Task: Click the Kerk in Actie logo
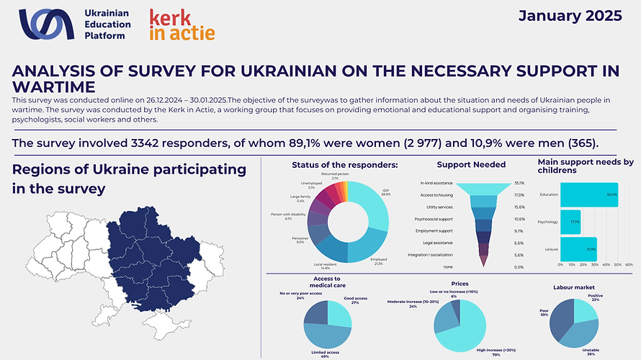tap(181, 24)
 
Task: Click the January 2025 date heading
tap(570, 17)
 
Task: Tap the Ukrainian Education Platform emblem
tap(46, 24)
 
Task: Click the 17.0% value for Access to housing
tap(519, 194)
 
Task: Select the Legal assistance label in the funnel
tap(437, 243)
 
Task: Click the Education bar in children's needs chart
tap(588, 194)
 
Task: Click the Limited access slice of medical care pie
tap(328, 334)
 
